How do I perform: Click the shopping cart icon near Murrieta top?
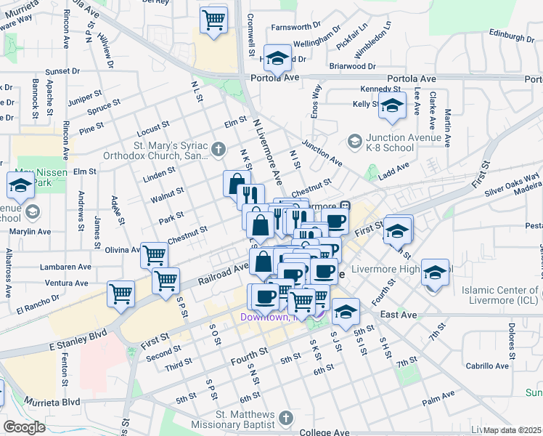(214, 20)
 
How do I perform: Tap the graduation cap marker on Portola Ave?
(277, 57)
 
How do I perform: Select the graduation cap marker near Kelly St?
(392, 107)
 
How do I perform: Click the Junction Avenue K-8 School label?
(390, 142)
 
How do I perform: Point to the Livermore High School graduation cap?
(434, 273)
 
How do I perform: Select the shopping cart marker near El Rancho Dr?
(121, 294)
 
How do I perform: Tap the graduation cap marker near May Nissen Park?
(20, 186)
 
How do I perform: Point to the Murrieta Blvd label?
(52, 402)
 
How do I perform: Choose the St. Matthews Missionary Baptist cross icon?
(286, 419)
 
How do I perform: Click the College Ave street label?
(324, 432)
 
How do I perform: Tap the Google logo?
(23, 427)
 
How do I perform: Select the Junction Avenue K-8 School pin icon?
(355, 140)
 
